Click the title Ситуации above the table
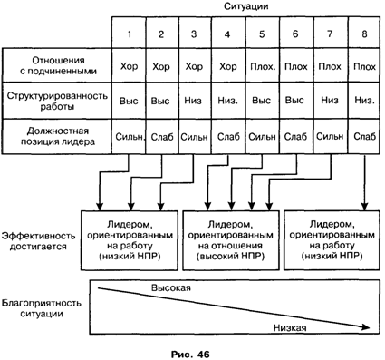[245, 6]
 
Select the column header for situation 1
[129, 34]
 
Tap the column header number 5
[262, 34]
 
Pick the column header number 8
[364, 34]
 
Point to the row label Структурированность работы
[57, 101]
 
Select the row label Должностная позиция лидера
[58, 136]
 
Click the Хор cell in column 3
[194, 66]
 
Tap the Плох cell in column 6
[295, 66]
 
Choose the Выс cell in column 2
[160, 101]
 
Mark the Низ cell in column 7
[330, 101]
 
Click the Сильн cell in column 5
[262, 137]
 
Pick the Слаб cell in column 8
[364, 137]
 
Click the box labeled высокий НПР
[231, 240]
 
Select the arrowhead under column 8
[364, 208]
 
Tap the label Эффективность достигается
[38, 241]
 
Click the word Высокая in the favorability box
[171, 287]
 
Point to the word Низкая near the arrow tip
[290, 327]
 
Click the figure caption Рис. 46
[190, 354]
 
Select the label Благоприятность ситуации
[42, 308]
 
